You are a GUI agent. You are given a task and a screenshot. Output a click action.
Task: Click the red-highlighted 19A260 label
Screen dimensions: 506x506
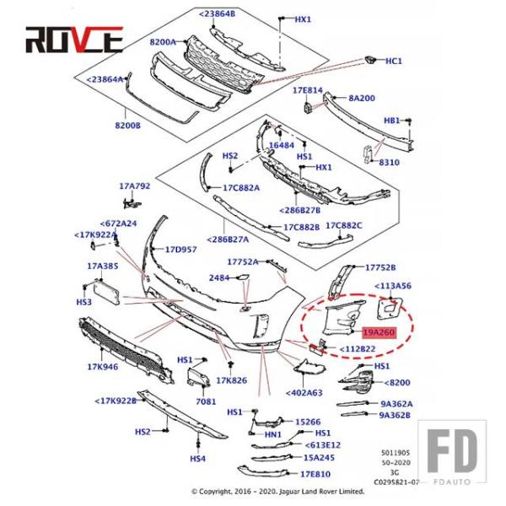click(379, 332)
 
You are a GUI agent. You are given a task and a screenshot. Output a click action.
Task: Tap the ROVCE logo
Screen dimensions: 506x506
click(74, 40)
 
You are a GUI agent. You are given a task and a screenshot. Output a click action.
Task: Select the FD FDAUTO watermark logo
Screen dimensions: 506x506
click(452, 452)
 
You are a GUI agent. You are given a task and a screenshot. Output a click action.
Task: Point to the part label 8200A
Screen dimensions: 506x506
click(163, 42)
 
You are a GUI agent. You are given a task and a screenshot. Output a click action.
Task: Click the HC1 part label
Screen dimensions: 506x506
click(394, 61)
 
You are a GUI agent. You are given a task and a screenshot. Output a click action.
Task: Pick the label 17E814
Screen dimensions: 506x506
click(308, 90)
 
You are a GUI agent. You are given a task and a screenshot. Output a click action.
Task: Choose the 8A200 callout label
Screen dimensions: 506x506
click(362, 98)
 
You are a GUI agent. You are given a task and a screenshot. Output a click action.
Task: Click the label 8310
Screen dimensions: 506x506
click(389, 162)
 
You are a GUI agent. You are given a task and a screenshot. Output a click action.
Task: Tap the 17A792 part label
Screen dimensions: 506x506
click(135, 186)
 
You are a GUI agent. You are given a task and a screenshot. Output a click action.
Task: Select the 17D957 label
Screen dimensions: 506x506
click(180, 250)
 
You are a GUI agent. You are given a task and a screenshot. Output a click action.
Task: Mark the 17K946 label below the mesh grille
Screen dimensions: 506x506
click(103, 367)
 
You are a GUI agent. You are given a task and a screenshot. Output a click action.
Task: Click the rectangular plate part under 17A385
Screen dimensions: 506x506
click(106, 293)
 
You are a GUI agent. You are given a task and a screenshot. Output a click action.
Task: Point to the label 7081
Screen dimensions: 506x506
click(206, 401)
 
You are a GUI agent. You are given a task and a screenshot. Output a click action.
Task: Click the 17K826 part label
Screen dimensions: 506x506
click(231, 381)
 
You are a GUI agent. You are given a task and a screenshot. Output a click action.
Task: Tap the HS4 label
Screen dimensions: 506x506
click(197, 459)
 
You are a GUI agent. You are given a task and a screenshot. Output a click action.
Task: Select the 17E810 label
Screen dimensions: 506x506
click(315, 474)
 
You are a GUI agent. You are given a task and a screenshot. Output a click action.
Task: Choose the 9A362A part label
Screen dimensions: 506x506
click(396, 404)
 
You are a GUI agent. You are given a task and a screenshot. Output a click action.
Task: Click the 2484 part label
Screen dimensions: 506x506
click(219, 277)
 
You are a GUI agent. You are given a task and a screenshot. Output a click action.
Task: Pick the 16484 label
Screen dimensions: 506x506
click(282, 145)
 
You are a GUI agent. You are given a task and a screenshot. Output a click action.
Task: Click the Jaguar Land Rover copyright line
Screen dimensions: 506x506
click(277, 492)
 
